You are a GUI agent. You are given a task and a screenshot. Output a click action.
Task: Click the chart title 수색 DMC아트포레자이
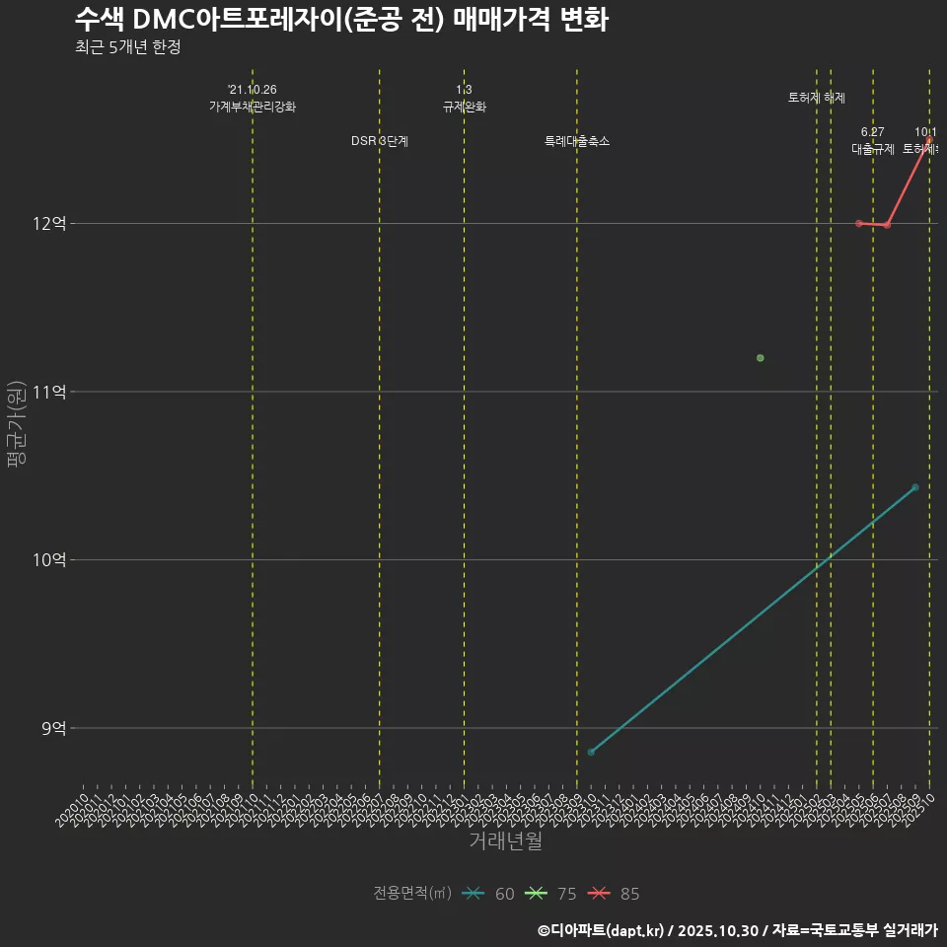[x=340, y=19]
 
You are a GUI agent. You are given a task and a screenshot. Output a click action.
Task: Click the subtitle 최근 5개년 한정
[x=127, y=47]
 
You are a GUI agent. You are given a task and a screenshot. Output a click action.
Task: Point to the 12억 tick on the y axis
[x=50, y=224]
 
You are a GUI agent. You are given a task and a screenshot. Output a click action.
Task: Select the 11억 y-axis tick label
[x=50, y=392]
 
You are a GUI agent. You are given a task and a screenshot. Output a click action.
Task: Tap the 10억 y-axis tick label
[x=50, y=559]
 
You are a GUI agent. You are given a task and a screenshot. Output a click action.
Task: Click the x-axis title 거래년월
[x=505, y=841]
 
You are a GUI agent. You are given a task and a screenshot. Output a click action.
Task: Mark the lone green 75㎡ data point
[x=760, y=358]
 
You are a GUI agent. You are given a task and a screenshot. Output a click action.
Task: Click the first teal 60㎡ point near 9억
[x=591, y=752]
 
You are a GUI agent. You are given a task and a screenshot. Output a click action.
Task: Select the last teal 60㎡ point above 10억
[x=915, y=487]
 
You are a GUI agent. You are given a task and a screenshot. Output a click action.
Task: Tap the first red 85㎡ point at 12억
[x=859, y=223]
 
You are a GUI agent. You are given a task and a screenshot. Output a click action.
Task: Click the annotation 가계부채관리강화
[x=253, y=107]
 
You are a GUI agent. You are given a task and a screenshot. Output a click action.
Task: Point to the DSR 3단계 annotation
[x=380, y=141]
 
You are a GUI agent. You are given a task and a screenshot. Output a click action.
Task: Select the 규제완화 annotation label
[x=464, y=107]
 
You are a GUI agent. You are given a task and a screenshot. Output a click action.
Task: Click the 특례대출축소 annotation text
[x=577, y=141]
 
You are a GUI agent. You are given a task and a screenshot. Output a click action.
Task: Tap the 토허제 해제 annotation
[x=817, y=98]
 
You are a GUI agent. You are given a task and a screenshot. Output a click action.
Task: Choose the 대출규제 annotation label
[x=873, y=149]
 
